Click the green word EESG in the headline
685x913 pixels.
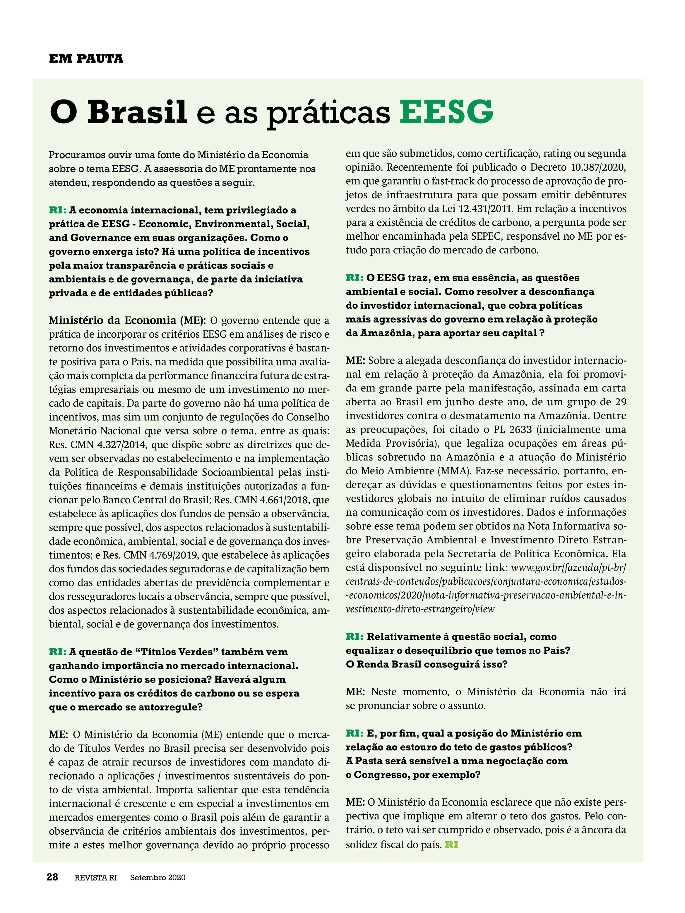446,111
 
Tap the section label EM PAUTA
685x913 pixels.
86,59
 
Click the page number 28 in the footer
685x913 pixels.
52,877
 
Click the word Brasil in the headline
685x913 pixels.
137,111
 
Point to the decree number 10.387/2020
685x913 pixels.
598,167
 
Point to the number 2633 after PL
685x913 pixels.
520,429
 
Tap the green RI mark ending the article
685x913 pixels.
451,845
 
